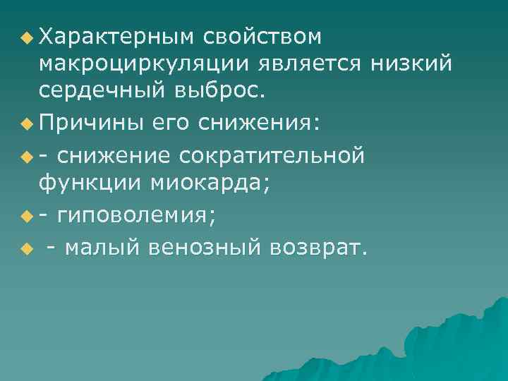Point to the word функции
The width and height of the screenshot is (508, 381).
[x=91, y=183]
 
